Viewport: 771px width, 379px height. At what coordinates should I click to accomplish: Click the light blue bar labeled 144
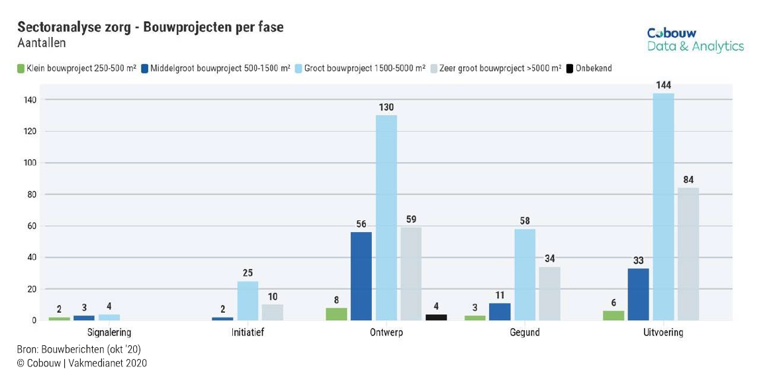[663, 206]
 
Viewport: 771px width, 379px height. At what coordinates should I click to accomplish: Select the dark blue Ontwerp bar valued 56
[361, 276]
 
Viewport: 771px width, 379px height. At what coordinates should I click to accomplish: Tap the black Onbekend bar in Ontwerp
[436, 317]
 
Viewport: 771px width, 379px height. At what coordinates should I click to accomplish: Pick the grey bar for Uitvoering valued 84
[688, 254]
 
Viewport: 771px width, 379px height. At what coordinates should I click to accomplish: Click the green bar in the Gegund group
[475, 318]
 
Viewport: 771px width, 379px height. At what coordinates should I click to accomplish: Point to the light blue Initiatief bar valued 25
[248, 301]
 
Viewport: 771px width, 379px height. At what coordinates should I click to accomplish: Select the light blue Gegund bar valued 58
[525, 274]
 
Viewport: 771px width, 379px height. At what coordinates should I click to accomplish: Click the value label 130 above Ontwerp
[386, 107]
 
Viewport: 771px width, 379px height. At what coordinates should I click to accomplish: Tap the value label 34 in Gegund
[549, 259]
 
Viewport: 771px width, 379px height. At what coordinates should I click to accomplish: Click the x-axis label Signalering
[109, 333]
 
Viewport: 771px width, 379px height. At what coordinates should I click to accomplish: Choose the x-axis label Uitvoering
[664, 333]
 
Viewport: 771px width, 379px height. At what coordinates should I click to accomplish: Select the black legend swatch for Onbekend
[569, 68]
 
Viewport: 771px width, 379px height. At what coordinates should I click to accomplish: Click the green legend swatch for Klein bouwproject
[21, 68]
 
